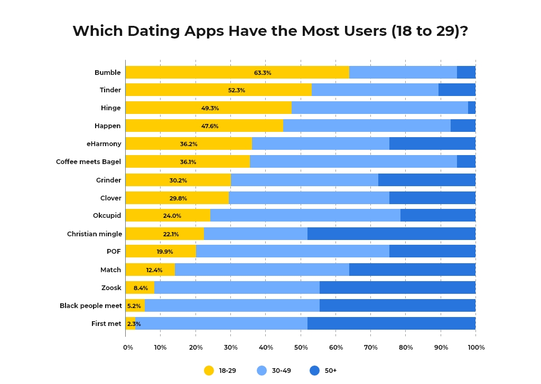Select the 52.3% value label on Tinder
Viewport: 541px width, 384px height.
236,91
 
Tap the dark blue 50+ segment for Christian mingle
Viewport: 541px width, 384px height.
391,234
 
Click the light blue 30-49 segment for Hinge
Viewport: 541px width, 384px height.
379,108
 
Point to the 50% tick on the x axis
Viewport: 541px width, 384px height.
301,348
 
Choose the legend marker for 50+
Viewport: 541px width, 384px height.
315,371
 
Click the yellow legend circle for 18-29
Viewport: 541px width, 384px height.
209,371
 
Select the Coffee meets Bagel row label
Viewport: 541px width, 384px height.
88,162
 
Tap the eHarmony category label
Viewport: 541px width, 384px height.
104,144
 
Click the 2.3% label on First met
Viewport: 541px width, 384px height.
134,324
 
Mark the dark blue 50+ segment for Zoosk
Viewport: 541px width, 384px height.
397,288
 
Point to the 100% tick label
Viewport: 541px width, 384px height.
476,348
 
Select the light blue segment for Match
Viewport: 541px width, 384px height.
262,270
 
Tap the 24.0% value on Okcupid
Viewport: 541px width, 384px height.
172,216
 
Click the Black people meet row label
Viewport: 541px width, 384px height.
90,306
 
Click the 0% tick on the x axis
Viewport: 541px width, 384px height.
128,348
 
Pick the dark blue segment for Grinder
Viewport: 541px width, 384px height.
426,180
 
